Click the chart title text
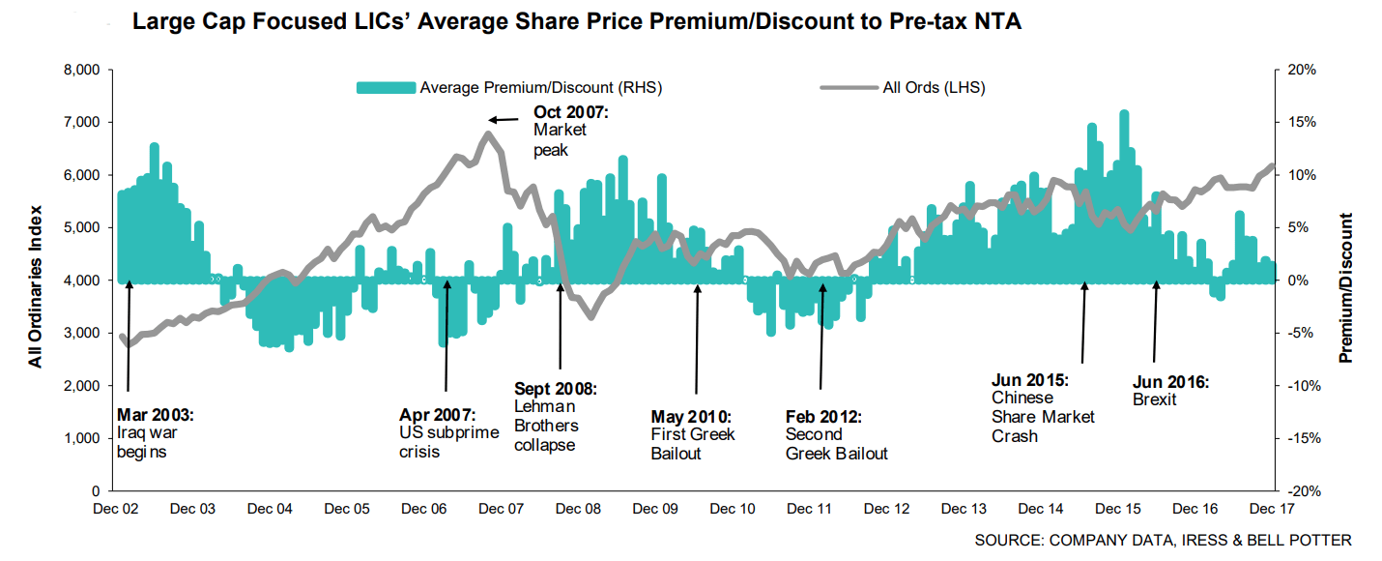[x=577, y=22]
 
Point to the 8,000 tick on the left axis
[x=81, y=70]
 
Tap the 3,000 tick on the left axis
[x=81, y=333]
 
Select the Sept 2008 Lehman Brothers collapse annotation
[x=555, y=417]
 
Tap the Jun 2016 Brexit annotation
[x=1169, y=391]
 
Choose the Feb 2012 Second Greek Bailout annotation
[x=836, y=435]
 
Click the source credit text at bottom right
[x=1163, y=540]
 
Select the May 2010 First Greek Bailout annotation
[x=692, y=435]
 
